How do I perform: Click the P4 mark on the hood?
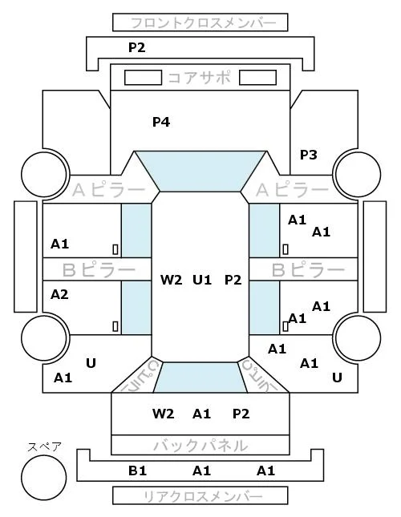(161, 122)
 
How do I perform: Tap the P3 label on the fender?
(308, 155)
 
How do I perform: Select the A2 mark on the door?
(59, 294)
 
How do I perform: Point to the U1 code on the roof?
(202, 280)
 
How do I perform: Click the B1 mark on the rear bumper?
(137, 471)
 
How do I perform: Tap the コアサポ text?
(200, 78)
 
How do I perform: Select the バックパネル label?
(200, 446)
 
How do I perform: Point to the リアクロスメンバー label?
(203, 496)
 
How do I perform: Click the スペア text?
(45, 447)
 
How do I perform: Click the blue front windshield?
(200, 171)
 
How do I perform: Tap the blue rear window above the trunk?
(200, 378)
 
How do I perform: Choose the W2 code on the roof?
(171, 280)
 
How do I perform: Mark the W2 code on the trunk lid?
(164, 414)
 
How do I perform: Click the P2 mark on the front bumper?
(137, 47)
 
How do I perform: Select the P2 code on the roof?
(233, 280)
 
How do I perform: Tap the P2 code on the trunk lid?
(241, 414)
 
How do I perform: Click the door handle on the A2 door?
(115, 326)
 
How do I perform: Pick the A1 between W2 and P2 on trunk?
(201, 414)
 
